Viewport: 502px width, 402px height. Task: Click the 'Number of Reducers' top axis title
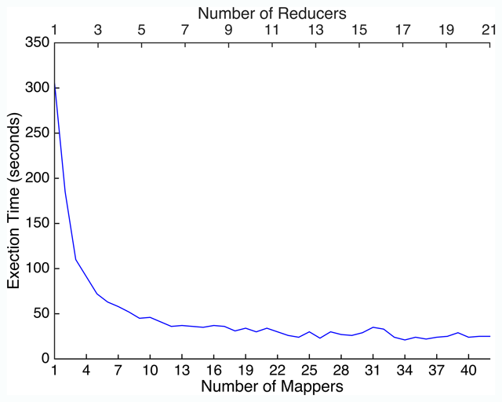point(271,13)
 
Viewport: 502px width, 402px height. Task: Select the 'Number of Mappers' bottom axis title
point(271,386)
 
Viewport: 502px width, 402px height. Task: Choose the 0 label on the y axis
point(44,359)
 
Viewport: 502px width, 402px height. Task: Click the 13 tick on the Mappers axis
point(182,369)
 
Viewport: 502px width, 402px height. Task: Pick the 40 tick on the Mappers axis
point(468,369)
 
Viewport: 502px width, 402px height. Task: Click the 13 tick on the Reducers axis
point(315,31)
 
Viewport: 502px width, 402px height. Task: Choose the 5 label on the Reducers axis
point(141,31)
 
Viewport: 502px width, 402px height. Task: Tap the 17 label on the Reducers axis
point(402,31)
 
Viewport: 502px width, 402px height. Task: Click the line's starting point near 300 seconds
point(55,88)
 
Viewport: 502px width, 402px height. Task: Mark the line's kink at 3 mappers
point(76,259)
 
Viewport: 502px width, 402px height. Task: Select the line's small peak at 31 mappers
point(373,327)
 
